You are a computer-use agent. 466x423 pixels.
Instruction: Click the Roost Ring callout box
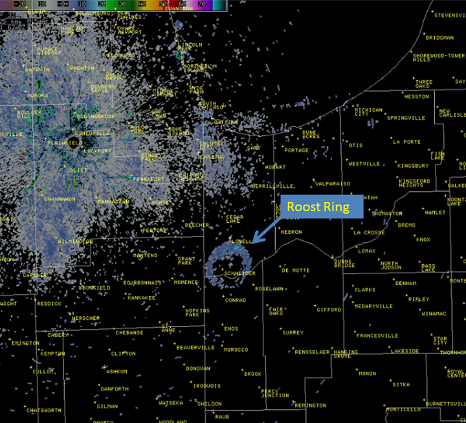[318, 207]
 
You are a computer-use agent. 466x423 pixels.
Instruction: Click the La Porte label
[406, 141]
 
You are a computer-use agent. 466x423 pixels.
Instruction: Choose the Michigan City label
[369, 113]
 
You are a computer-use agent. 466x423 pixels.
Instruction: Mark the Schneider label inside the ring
[239, 274]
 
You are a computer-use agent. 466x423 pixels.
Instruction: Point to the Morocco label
[236, 350]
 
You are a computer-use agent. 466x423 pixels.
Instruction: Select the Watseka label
[171, 402]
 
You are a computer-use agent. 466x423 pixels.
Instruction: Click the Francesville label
[377, 336]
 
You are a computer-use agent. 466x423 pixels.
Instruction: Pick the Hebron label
[291, 231]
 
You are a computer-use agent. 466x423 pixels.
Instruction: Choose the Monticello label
[403, 409]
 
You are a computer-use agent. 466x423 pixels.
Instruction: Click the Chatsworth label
[44, 410]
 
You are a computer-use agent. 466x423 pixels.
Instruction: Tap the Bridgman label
[439, 38]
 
